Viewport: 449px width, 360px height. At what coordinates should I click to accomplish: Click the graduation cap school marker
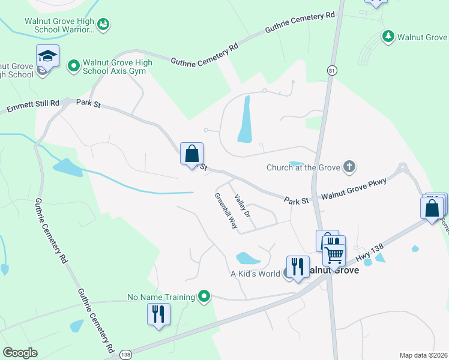[x=47, y=57]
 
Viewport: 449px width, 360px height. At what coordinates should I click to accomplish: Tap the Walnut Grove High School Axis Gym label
[x=118, y=67]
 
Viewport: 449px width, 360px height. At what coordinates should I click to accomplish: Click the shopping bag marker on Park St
[x=191, y=154]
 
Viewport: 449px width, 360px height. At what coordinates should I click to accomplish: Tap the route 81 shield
[x=331, y=71]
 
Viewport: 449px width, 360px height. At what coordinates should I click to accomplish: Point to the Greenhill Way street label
[x=226, y=211]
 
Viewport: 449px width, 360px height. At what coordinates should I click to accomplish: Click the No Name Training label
[x=161, y=296]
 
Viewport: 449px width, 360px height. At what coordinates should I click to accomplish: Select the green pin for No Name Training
[x=205, y=296]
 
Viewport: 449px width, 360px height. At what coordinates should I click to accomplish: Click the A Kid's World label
[x=255, y=274]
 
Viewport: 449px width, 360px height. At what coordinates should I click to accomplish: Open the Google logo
[x=20, y=353]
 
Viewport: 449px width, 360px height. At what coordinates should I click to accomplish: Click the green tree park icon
[x=388, y=37]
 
